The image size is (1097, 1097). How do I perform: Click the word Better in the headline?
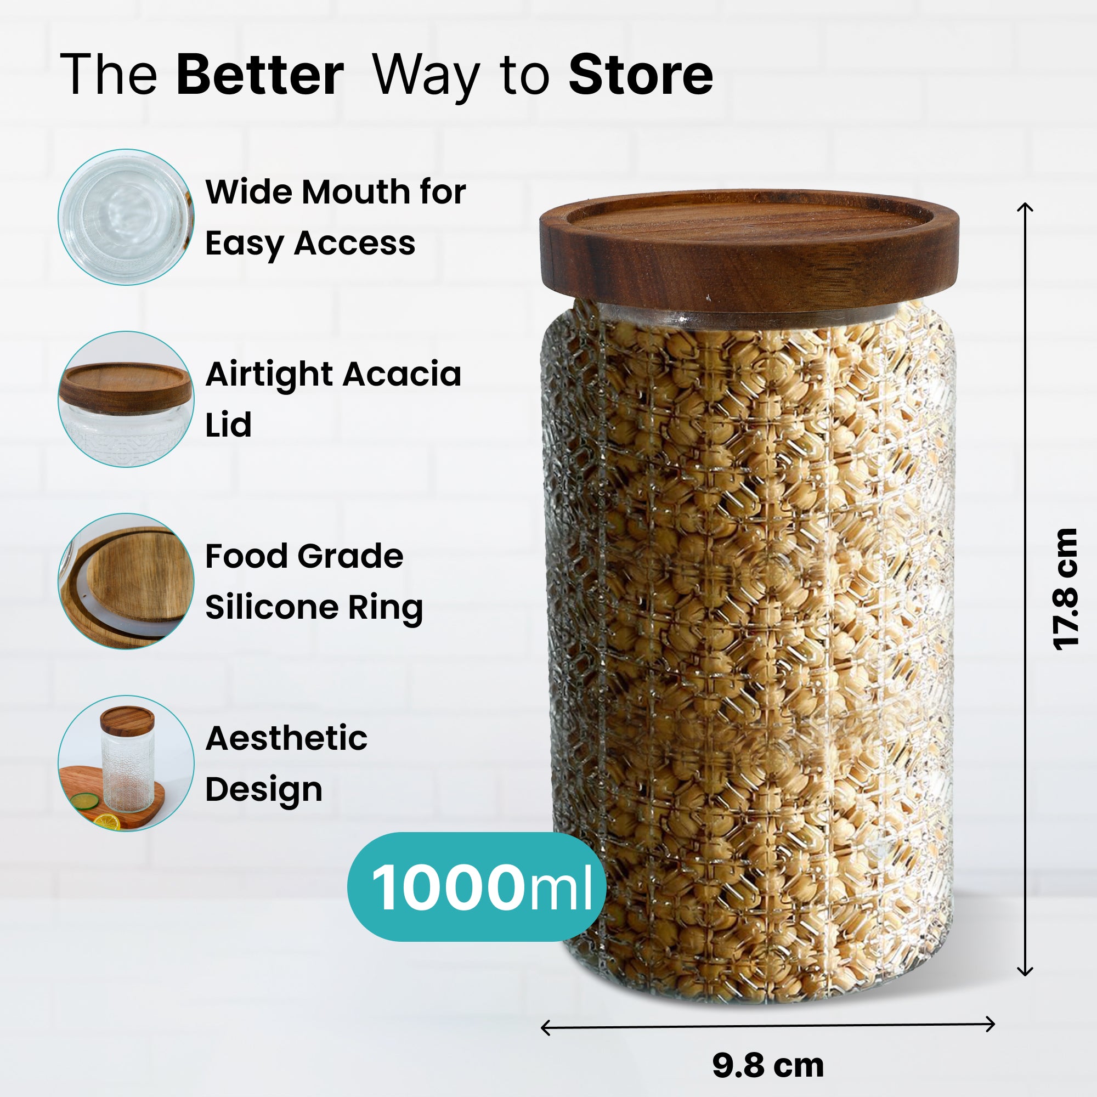click(x=260, y=75)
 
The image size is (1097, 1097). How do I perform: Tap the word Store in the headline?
click(x=641, y=75)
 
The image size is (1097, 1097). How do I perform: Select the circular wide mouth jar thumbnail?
click(x=126, y=217)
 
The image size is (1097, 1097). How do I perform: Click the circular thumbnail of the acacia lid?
click(x=126, y=399)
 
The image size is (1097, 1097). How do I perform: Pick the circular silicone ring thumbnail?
click(x=126, y=581)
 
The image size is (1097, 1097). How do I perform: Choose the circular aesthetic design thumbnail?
click(x=126, y=764)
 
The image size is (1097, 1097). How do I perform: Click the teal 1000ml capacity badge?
click(x=476, y=887)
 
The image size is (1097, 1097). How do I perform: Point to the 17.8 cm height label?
click(x=1065, y=589)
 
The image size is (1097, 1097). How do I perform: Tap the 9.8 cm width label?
click(x=768, y=1065)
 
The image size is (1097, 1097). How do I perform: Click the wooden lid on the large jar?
click(x=749, y=250)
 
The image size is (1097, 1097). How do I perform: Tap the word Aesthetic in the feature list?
click(x=287, y=738)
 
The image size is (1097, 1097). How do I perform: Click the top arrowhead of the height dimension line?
click(x=1025, y=207)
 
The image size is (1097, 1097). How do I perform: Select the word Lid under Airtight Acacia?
click(x=228, y=425)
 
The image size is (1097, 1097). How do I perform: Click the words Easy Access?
click(x=310, y=244)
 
